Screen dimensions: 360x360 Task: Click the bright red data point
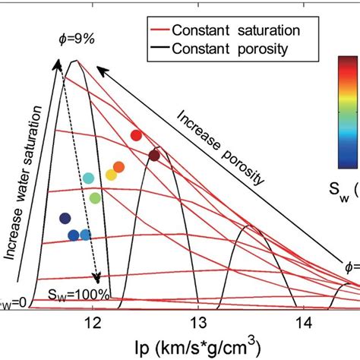(137, 135)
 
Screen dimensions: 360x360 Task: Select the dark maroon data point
(154, 156)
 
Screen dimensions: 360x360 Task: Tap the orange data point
(118, 167)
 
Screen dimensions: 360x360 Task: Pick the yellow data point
(111, 175)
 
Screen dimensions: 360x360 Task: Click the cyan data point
(88, 178)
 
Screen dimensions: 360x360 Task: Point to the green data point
(95, 198)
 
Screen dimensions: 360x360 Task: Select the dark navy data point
(65, 219)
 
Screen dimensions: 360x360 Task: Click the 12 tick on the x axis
(92, 323)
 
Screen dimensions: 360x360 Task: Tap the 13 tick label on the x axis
(198, 323)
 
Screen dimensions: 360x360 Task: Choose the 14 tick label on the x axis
(303, 323)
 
